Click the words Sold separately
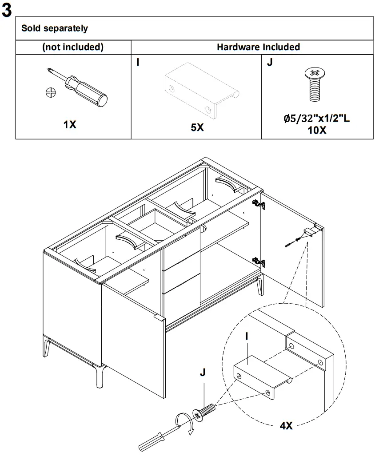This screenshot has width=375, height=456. (55, 28)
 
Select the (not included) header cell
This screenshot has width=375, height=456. (73, 47)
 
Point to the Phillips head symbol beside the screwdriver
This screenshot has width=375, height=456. (51, 92)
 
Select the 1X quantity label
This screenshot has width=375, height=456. (70, 125)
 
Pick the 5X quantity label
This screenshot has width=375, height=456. (197, 127)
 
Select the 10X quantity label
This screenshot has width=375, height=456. (317, 131)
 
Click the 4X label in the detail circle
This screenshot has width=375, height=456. (286, 425)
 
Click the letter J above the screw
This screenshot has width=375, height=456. (202, 372)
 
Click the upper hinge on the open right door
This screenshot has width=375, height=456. (259, 204)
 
